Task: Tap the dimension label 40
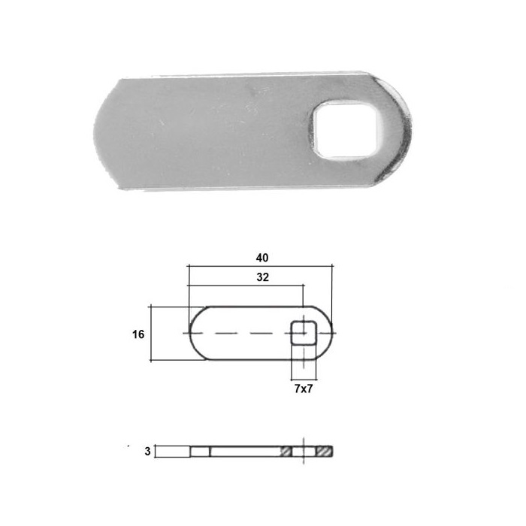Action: (262, 258)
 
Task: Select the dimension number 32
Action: (263, 277)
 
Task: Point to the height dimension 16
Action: (138, 334)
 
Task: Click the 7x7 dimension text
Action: (304, 388)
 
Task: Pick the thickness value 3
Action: (147, 452)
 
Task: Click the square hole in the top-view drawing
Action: (304, 333)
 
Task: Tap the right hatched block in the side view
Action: (324, 451)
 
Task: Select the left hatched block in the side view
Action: (286, 451)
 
